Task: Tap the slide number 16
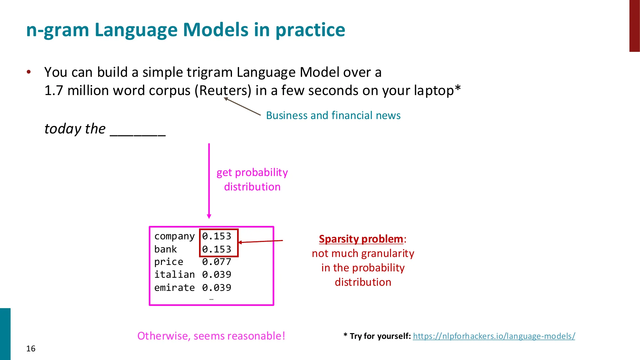click(x=31, y=348)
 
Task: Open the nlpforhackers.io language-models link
click(x=494, y=336)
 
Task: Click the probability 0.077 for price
click(x=216, y=262)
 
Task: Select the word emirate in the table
click(x=174, y=288)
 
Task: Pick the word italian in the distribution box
click(x=174, y=275)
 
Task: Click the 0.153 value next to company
click(x=216, y=236)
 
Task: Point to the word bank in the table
click(x=165, y=249)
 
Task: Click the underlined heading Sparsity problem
click(x=361, y=239)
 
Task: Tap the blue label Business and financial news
click(x=333, y=115)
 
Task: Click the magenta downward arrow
click(x=209, y=181)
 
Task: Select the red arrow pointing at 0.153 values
click(x=261, y=241)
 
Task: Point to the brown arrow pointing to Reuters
click(x=242, y=107)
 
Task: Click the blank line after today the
click(x=138, y=131)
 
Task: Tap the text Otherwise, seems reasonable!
click(x=211, y=336)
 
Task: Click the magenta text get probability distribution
click(x=252, y=180)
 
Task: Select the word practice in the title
click(x=310, y=30)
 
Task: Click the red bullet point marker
click(x=29, y=72)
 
